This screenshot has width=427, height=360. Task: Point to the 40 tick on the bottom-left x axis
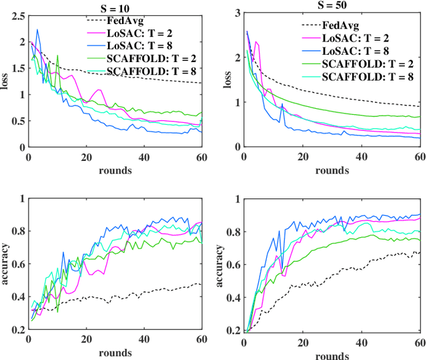point(144,341)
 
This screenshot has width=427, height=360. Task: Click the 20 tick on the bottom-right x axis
point(303,341)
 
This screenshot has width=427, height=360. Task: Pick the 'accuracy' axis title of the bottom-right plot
point(224,264)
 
